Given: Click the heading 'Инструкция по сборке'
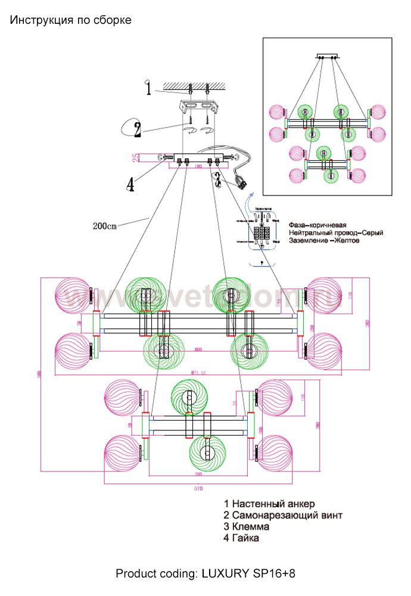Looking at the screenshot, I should pos(70,20).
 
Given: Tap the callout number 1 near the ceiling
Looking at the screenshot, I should pos(148,89).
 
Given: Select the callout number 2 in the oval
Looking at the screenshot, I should pos(137,128).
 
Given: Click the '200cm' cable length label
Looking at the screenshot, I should pos(105,226).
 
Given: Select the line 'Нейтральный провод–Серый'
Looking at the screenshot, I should pos(335,232).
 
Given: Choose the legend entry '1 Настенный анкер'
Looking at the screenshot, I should pos(269,504).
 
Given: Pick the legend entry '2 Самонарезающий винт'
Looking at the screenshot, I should pos(283,516).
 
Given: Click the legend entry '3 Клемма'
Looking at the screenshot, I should pos(247,527).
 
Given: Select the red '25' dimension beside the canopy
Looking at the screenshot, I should pos(136,157).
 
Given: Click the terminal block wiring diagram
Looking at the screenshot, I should pos(263,233).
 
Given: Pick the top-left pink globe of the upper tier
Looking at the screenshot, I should pos(72,294).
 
